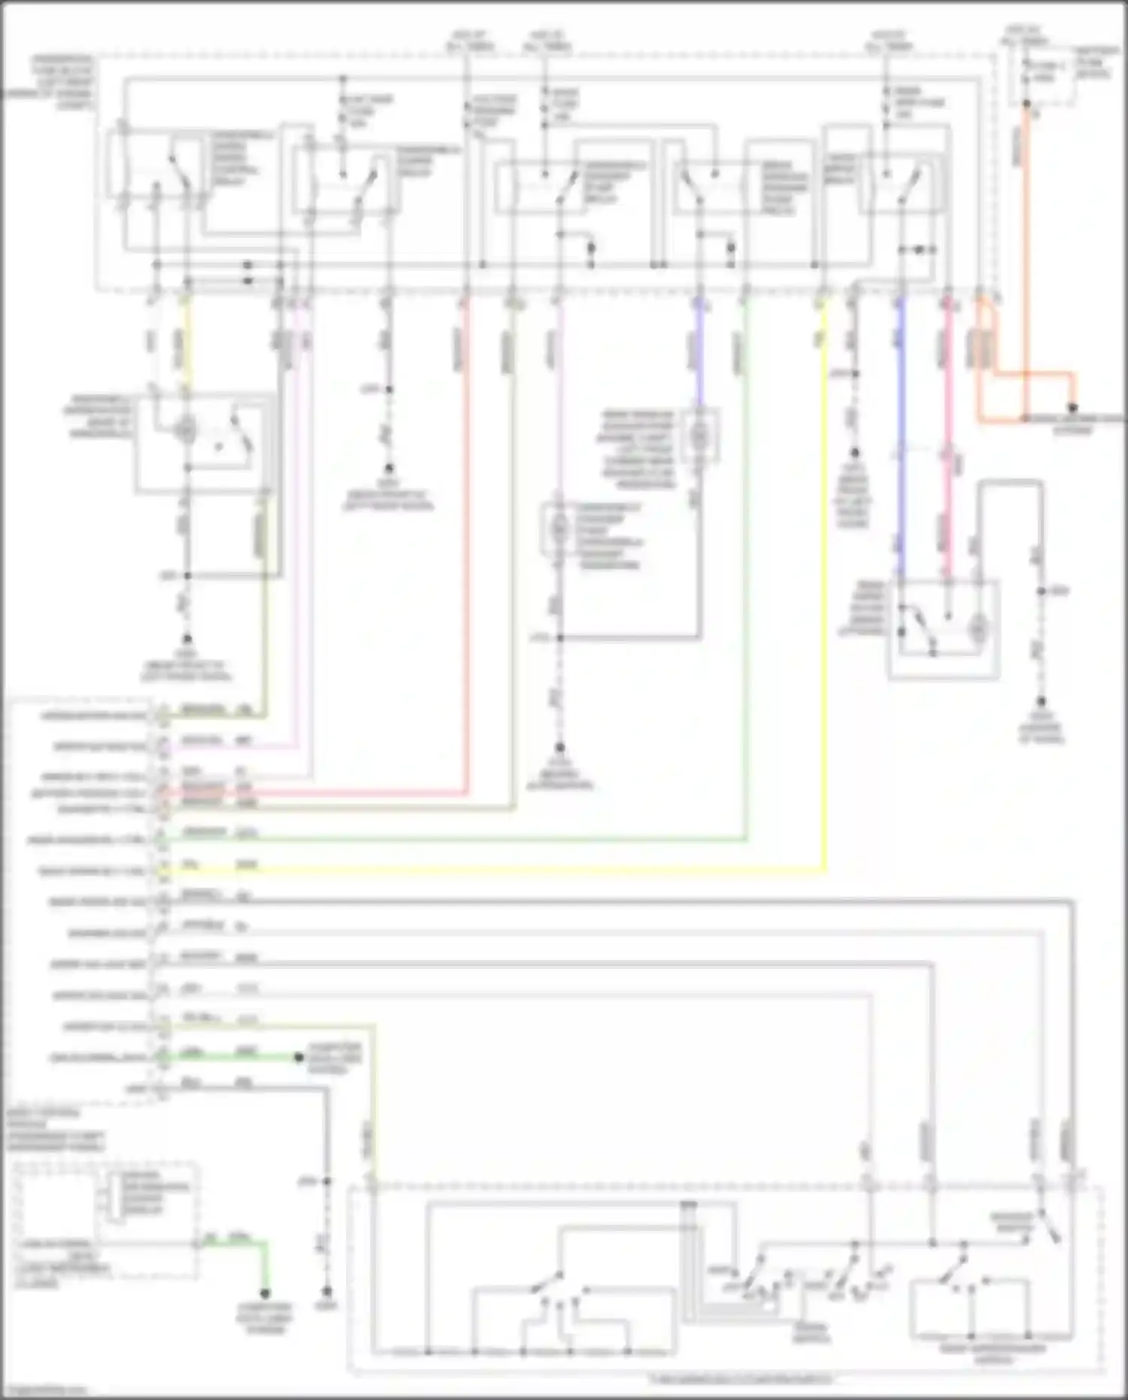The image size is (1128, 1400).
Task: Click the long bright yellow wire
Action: pos(825,602)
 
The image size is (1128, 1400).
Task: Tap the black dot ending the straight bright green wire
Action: pos(299,1058)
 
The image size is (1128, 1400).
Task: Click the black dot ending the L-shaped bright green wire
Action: pos(265,1293)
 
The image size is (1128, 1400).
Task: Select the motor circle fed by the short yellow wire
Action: pos(185,430)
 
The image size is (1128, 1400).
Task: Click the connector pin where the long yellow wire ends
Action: pos(161,871)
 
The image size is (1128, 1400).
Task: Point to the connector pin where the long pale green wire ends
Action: pos(161,838)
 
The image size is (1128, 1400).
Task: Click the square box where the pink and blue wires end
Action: pos(944,629)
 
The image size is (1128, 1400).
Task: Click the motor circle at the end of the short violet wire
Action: pos(699,435)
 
